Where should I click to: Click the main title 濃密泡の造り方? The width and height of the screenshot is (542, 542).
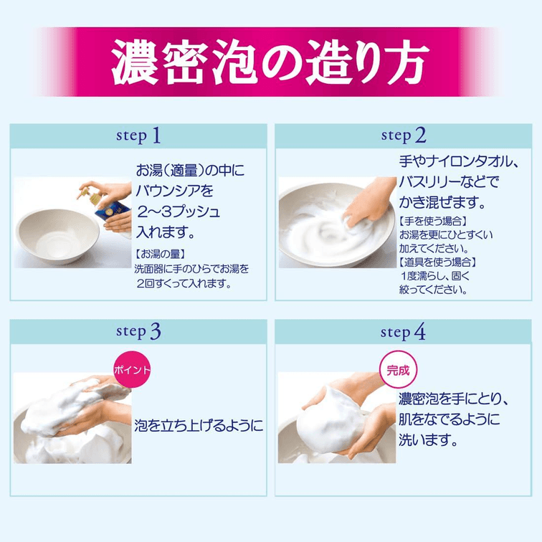pos(270,61)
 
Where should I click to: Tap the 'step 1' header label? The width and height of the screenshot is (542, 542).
pos(138,135)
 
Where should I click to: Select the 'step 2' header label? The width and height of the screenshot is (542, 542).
pos(404,135)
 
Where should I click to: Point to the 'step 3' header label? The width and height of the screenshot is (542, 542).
pos(138,331)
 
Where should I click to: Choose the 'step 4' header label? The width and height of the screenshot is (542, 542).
pos(403,332)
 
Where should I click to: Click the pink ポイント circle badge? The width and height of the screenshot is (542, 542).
pos(132,370)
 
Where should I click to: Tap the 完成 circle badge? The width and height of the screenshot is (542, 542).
pos(398,370)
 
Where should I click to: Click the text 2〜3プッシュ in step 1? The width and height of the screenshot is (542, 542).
pos(179,211)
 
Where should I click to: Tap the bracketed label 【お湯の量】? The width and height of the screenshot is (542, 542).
pos(160,255)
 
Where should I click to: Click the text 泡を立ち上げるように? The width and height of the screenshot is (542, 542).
pos(199,426)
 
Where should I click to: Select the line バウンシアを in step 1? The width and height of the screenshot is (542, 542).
pos(174,191)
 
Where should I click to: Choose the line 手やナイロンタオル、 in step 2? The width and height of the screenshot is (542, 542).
pos(459,161)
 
